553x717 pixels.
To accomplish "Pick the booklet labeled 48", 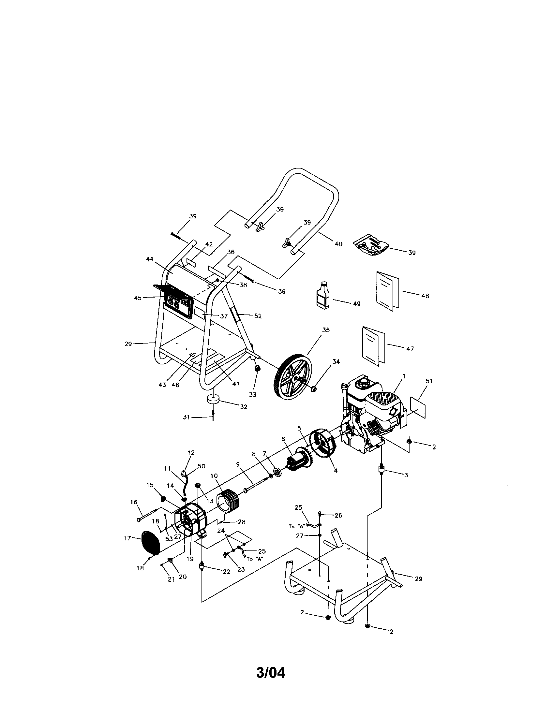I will (387, 290).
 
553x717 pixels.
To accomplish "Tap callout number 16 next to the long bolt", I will (134, 502).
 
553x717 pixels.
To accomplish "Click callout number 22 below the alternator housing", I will (226, 572).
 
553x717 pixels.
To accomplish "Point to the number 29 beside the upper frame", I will (128, 344).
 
